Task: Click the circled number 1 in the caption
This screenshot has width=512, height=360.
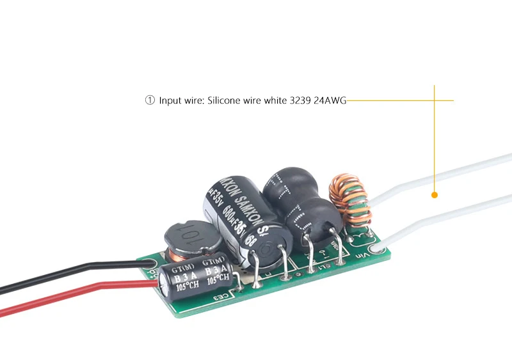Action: click(150, 100)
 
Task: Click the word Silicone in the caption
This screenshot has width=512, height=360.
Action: click(223, 100)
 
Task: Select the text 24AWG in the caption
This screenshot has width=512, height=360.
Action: click(330, 100)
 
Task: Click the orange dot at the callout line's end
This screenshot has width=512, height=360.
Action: click(435, 194)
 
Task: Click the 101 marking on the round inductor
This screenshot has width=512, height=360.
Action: click(182, 242)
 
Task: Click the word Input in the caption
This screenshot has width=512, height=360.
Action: click(170, 100)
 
